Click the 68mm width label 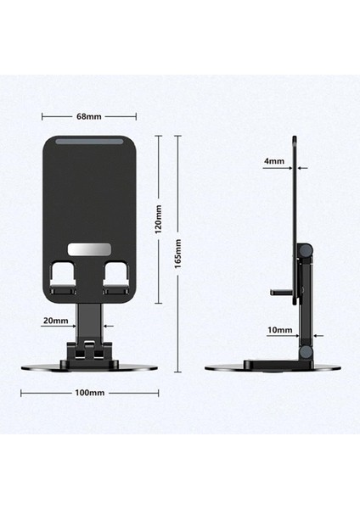tap(90, 115)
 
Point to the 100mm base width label tap(89, 393)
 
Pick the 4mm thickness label tap(275, 159)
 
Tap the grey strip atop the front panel tap(90, 143)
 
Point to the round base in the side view tap(272, 366)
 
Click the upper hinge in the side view tap(305, 250)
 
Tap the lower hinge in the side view tap(305, 351)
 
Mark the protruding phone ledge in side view tap(281, 292)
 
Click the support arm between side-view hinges tap(305, 301)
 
